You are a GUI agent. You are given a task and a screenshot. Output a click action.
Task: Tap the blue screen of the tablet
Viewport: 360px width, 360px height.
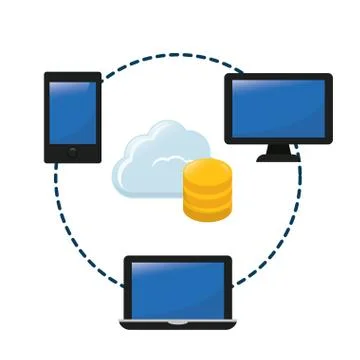tap(73, 112)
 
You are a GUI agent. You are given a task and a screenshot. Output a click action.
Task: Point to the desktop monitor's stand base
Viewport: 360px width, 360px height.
tap(278, 158)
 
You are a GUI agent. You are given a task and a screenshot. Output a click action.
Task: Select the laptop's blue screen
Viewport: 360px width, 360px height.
tap(177, 290)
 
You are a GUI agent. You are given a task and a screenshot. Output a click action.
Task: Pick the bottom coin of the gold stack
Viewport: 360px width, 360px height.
tap(207, 209)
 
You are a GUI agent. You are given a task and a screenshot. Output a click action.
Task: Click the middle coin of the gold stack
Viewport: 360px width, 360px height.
tap(207, 191)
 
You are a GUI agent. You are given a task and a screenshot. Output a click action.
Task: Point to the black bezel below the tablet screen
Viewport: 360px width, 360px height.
tap(73, 152)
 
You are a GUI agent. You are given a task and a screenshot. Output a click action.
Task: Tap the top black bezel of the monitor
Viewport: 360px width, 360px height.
tap(278, 77)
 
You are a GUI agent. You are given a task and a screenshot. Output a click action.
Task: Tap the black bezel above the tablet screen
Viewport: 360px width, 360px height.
tap(73, 76)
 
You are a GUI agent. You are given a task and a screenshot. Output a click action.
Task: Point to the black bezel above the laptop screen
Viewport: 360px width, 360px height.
tap(177, 260)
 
